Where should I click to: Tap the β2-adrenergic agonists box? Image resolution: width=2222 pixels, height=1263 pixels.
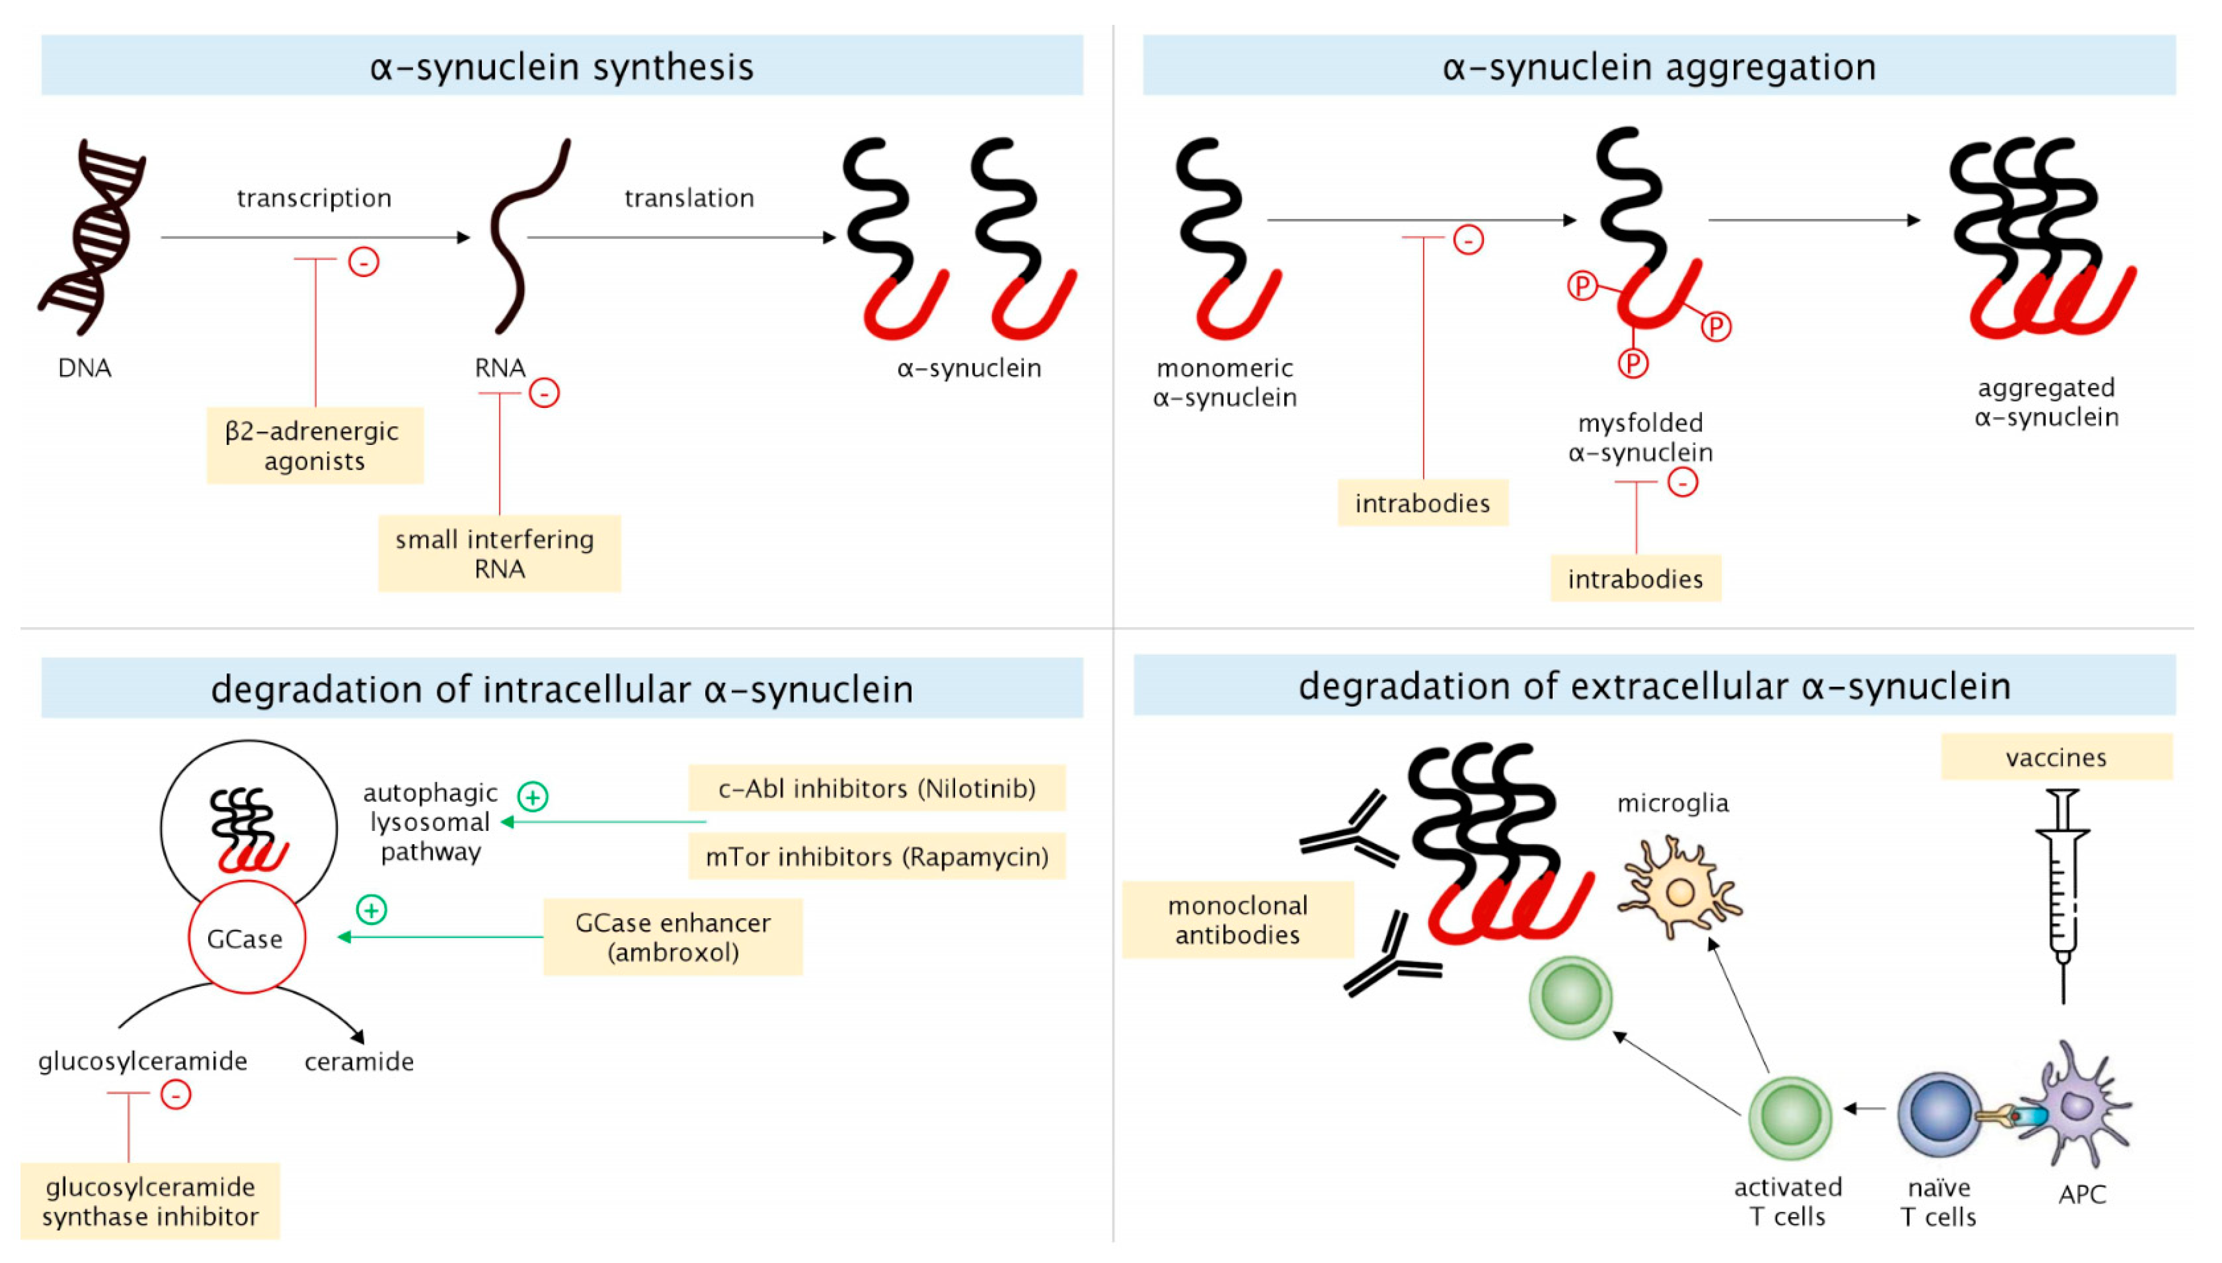pyautogui.click(x=314, y=445)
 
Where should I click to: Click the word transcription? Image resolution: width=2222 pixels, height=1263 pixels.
pyautogui.click(x=314, y=198)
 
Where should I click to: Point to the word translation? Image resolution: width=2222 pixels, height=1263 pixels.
pyautogui.click(x=690, y=198)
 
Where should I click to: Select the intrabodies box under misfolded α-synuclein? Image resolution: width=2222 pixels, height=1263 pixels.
pyautogui.click(x=1635, y=579)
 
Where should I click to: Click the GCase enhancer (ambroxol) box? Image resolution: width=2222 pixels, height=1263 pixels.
pyautogui.click(x=673, y=937)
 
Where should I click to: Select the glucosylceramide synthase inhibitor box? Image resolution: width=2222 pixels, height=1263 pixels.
pyautogui.click(x=150, y=1202)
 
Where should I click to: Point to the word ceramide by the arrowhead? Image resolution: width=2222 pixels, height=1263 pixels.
pyautogui.click(x=359, y=1061)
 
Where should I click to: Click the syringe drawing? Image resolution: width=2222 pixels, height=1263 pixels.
pyautogui.click(x=2062, y=893)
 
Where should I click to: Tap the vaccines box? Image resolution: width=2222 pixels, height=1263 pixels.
pyautogui.click(x=2055, y=757)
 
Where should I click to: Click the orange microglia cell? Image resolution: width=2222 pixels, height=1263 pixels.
pyautogui.click(x=1678, y=890)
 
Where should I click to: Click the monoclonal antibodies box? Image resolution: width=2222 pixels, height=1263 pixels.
pyautogui.click(x=1237, y=919)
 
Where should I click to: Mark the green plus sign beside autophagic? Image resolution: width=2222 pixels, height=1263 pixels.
pyautogui.click(x=533, y=796)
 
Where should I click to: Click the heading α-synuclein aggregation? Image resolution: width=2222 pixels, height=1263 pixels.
pyautogui.click(x=1659, y=66)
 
